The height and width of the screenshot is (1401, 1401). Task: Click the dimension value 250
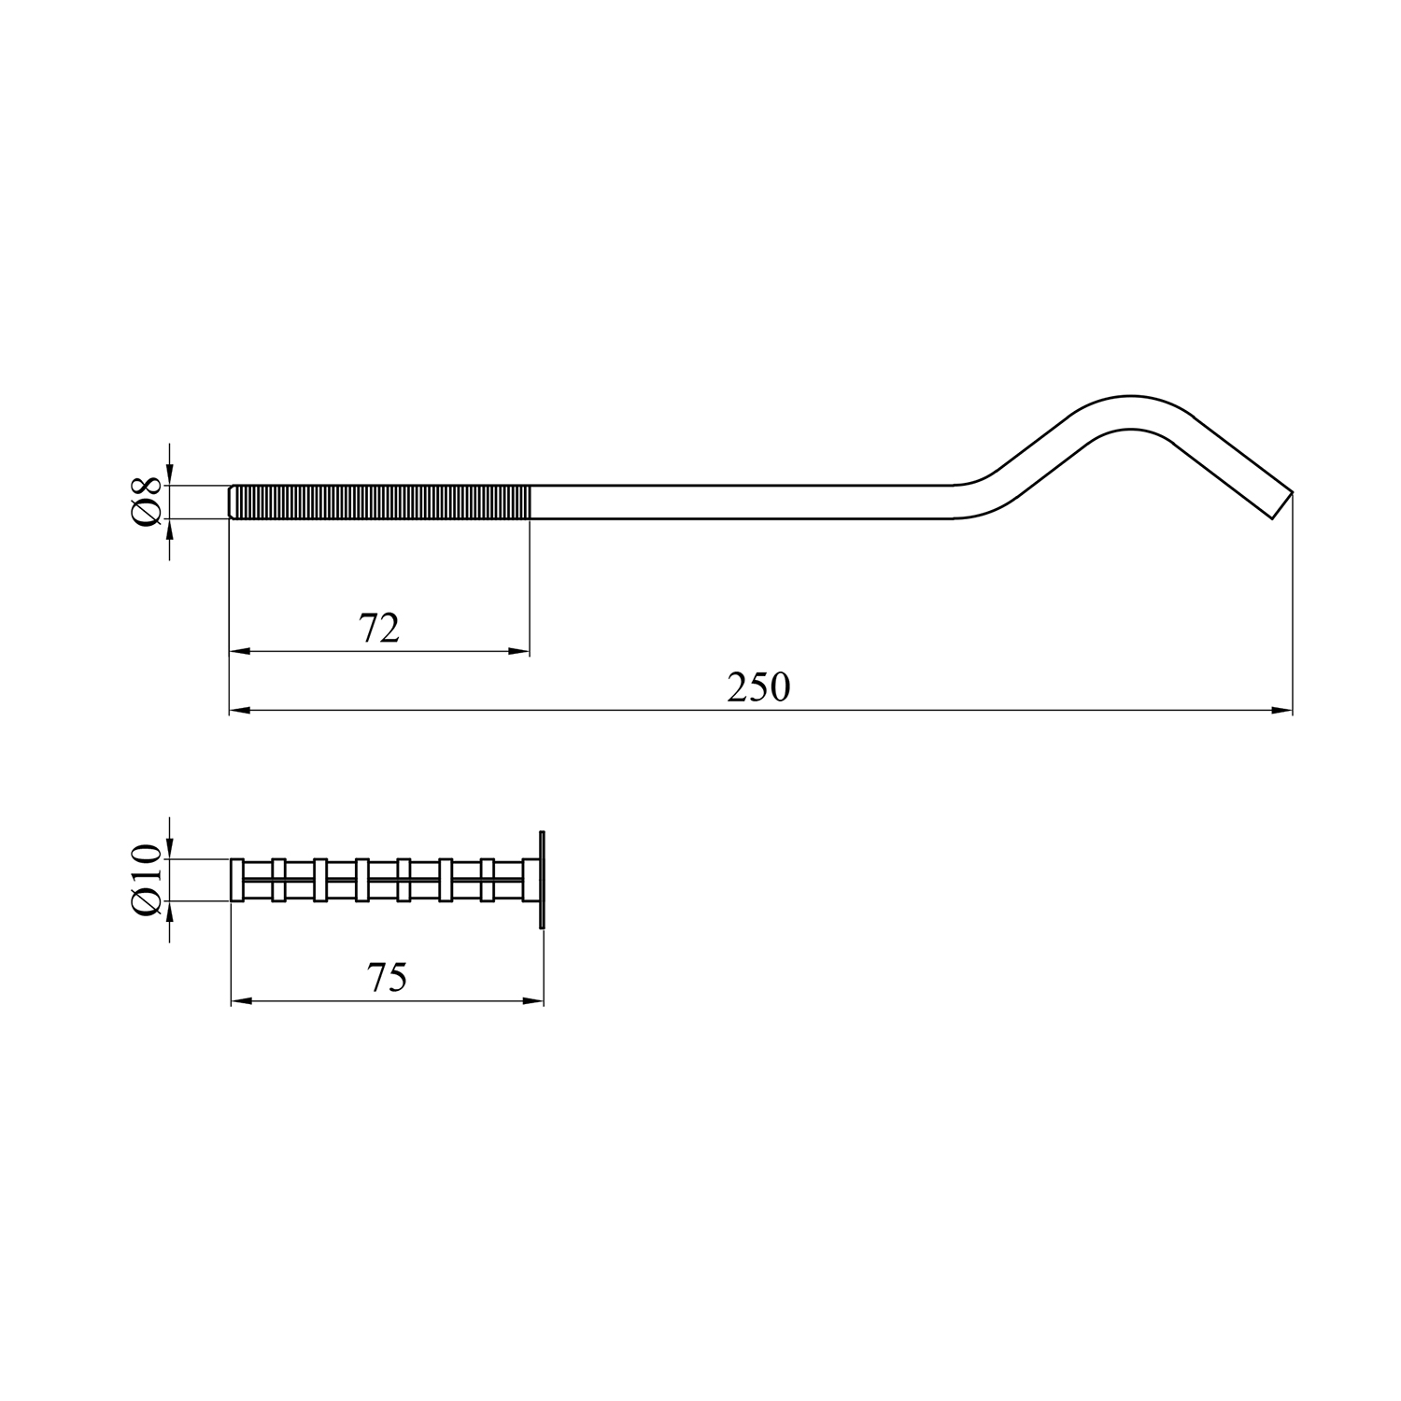click(x=758, y=687)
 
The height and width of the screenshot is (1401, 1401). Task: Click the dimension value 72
click(x=380, y=629)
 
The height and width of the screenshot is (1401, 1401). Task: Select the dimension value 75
click(x=388, y=978)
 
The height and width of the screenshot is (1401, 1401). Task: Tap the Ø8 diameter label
click(x=149, y=502)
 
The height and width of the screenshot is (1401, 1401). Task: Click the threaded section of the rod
click(x=381, y=502)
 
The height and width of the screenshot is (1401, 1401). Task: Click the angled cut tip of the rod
click(x=1283, y=502)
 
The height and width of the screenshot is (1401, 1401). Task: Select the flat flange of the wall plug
click(x=542, y=880)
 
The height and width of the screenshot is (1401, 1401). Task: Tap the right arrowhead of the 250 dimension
click(x=1282, y=712)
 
